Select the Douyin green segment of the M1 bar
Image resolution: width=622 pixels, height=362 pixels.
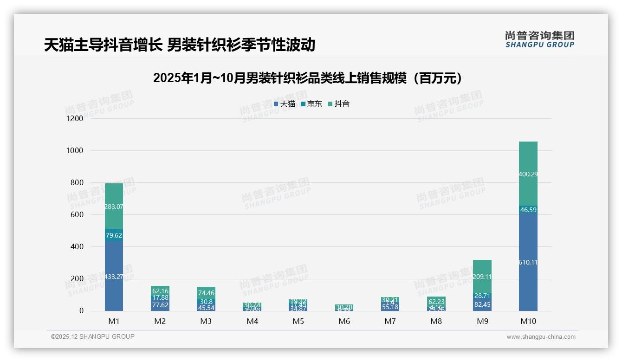[114, 195]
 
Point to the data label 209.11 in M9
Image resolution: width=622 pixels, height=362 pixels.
[482, 277]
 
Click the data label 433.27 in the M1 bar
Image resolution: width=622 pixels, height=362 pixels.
[114, 277]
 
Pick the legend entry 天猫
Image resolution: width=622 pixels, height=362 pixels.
[285, 104]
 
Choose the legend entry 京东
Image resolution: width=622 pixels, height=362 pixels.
[311, 104]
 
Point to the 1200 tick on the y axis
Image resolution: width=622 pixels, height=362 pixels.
[75, 118]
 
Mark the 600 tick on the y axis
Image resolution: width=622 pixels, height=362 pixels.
[77, 214]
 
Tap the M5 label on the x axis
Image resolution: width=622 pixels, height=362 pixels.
[298, 321]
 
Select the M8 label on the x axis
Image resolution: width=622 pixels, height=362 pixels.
[436, 321]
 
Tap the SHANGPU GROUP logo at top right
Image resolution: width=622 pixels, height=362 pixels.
[539, 39]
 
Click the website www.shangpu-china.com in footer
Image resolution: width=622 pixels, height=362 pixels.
[541, 337]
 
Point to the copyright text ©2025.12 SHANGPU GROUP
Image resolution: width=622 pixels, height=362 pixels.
[93, 337]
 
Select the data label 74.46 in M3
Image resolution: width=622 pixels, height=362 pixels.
[206, 293]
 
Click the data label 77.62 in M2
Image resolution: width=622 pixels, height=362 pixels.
[160, 305]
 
